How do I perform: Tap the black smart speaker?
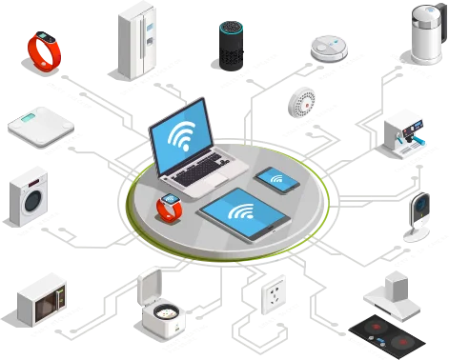[229, 44]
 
